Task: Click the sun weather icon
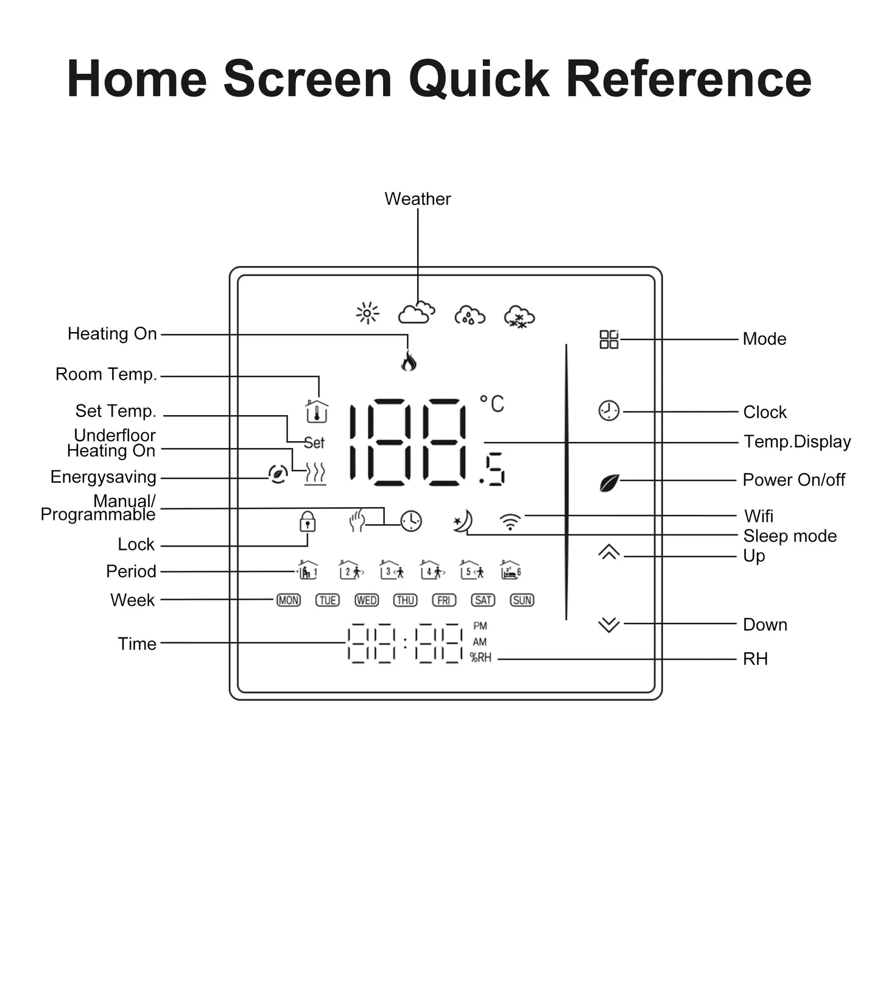(x=367, y=313)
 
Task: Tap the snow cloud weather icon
(x=519, y=316)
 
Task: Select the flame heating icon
(x=408, y=361)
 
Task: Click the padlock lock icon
(x=308, y=522)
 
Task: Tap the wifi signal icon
(x=510, y=522)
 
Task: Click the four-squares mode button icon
(x=608, y=339)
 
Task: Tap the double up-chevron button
(x=608, y=552)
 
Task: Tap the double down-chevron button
(x=608, y=625)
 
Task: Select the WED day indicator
(x=367, y=600)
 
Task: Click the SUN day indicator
(x=522, y=600)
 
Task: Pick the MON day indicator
(x=288, y=600)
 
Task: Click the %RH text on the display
(x=480, y=658)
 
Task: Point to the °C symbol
(x=492, y=403)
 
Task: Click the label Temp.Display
(x=797, y=442)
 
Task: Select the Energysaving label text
(x=103, y=477)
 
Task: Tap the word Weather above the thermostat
(x=417, y=199)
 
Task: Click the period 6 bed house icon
(x=510, y=570)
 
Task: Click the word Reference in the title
(x=689, y=79)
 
